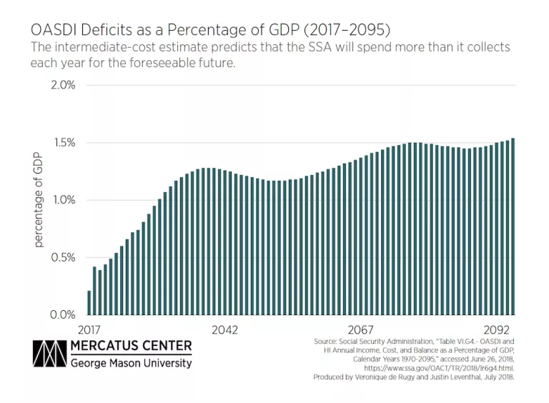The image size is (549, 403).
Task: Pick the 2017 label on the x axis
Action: click(89, 329)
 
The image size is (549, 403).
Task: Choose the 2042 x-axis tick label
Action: click(224, 329)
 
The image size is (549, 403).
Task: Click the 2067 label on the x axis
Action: click(360, 329)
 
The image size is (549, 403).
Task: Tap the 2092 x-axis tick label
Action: click(496, 329)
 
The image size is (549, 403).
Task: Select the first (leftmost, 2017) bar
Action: click(89, 302)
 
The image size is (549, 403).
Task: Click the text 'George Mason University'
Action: click(131, 363)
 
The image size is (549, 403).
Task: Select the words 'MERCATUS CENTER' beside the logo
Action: click(131, 347)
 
